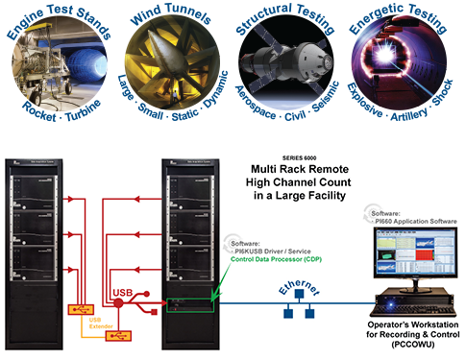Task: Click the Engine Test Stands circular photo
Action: tap(58, 58)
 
